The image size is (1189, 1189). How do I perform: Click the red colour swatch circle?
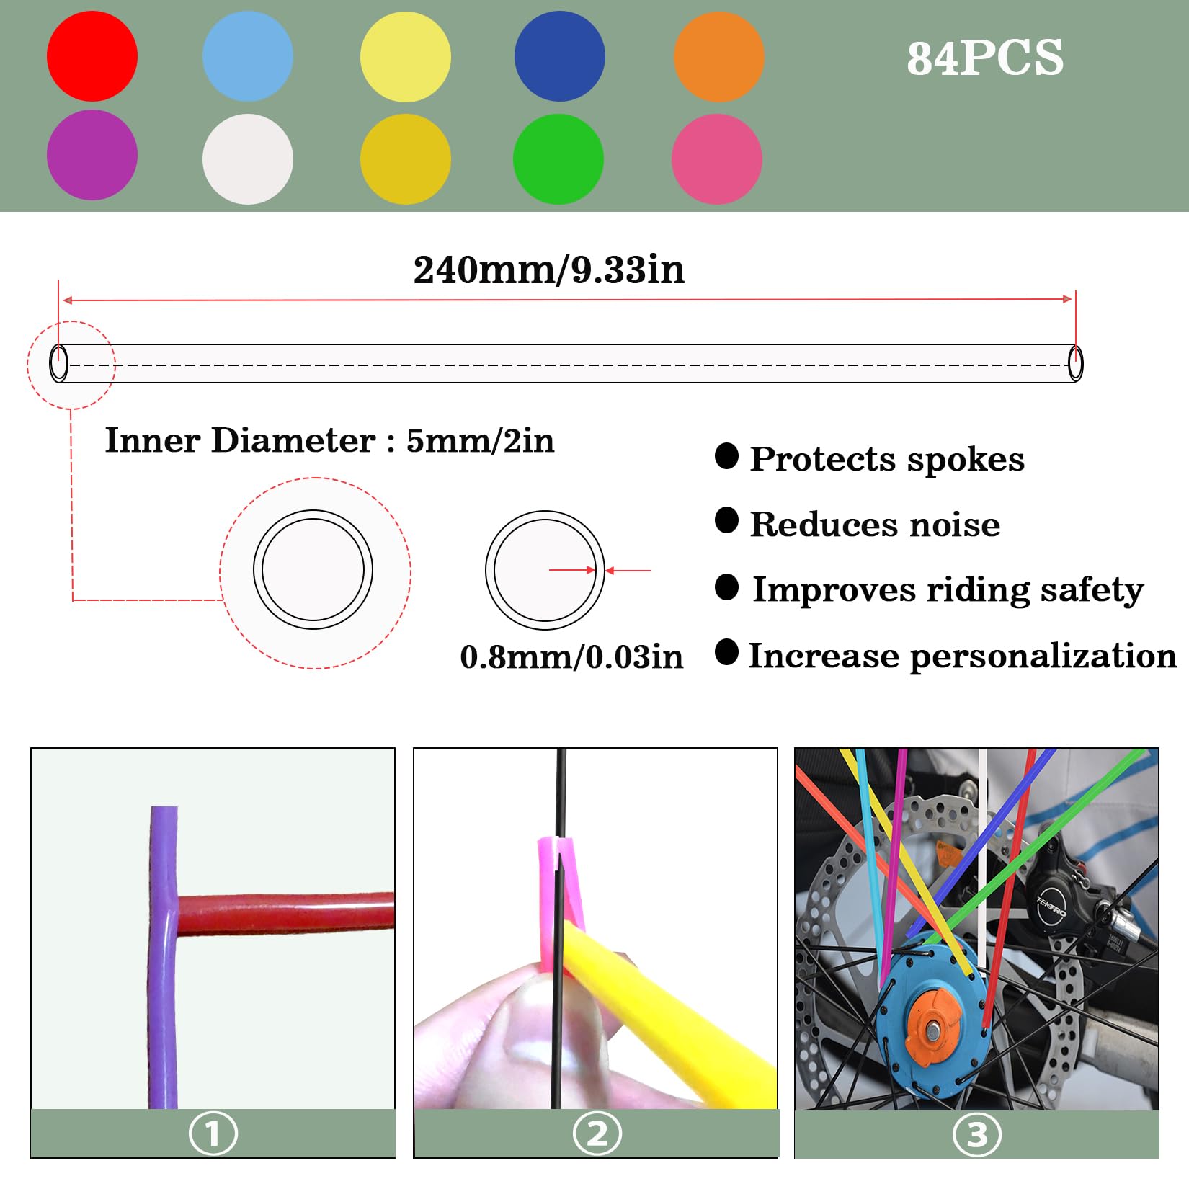point(92,56)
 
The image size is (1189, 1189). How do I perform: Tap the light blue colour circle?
point(248,56)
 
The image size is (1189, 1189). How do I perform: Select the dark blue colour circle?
point(560,56)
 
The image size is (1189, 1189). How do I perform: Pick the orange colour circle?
point(718,56)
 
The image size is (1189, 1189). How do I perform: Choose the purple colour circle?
point(92,155)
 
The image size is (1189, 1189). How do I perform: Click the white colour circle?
point(248,159)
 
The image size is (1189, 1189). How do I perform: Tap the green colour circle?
point(558,159)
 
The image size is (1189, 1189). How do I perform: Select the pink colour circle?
point(717,159)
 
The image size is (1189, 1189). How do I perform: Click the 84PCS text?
point(985,58)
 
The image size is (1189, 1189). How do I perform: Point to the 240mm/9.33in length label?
point(549,270)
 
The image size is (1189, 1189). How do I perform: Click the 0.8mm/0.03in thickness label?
point(571,657)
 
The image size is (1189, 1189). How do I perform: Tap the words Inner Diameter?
point(240,440)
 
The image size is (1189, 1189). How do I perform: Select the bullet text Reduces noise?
point(875,525)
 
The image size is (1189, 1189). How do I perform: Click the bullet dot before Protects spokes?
point(726,456)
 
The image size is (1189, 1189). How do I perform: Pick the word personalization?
point(1043,656)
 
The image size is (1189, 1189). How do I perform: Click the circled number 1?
point(213,1134)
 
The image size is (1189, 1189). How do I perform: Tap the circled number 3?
point(976,1135)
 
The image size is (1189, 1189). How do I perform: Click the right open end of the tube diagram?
point(1075,363)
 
